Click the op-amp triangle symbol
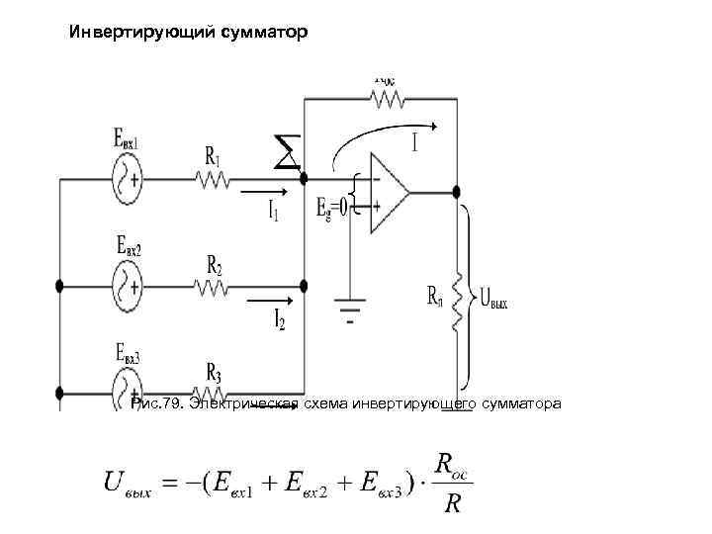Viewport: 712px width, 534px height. click(388, 193)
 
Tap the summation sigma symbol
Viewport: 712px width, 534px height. click(286, 153)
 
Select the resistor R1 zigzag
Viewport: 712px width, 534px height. click(214, 180)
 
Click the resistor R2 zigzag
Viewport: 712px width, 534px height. click(214, 287)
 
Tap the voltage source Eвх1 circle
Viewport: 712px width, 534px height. click(128, 180)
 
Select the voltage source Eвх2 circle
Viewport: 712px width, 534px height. click(128, 287)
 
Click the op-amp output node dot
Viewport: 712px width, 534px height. click(455, 192)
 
